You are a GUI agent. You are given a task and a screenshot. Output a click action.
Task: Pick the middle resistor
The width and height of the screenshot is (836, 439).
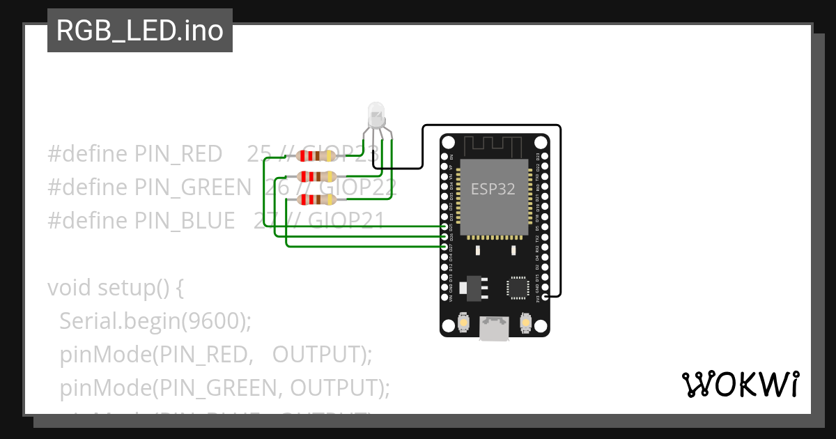pos(316,176)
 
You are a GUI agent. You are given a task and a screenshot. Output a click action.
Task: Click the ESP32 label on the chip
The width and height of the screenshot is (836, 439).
pos(493,189)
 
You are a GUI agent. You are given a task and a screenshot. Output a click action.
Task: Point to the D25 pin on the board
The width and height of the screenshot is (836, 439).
pos(445,227)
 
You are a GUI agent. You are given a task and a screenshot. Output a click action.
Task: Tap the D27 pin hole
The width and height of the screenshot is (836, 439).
pos(445,247)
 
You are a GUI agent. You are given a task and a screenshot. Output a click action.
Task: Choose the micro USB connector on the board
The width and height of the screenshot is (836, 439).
pos(494,328)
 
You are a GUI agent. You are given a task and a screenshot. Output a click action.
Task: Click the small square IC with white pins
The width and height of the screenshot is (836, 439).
pos(518,287)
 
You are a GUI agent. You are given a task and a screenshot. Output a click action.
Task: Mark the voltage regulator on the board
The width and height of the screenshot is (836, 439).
pos(473,286)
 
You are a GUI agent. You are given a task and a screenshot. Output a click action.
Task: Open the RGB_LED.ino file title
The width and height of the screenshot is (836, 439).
pos(139,31)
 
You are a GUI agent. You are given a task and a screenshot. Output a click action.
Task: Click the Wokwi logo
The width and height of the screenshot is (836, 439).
pos(740,384)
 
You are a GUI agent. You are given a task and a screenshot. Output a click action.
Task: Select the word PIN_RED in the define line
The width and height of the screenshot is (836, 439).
pos(178,155)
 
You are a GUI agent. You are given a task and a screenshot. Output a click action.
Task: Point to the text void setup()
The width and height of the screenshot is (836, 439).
pos(115,288)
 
